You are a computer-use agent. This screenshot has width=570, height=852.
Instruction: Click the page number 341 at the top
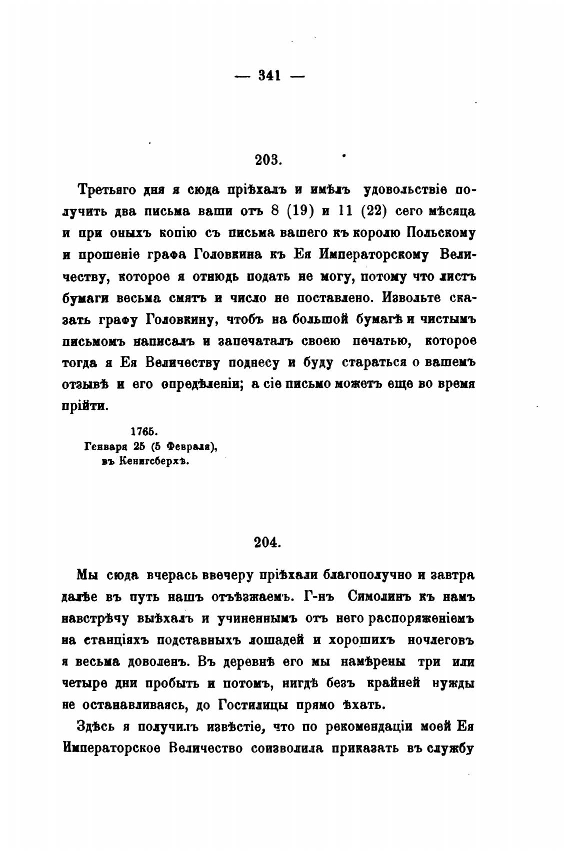coord(269,76)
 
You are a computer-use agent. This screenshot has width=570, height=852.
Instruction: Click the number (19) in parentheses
coord(299,212)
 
